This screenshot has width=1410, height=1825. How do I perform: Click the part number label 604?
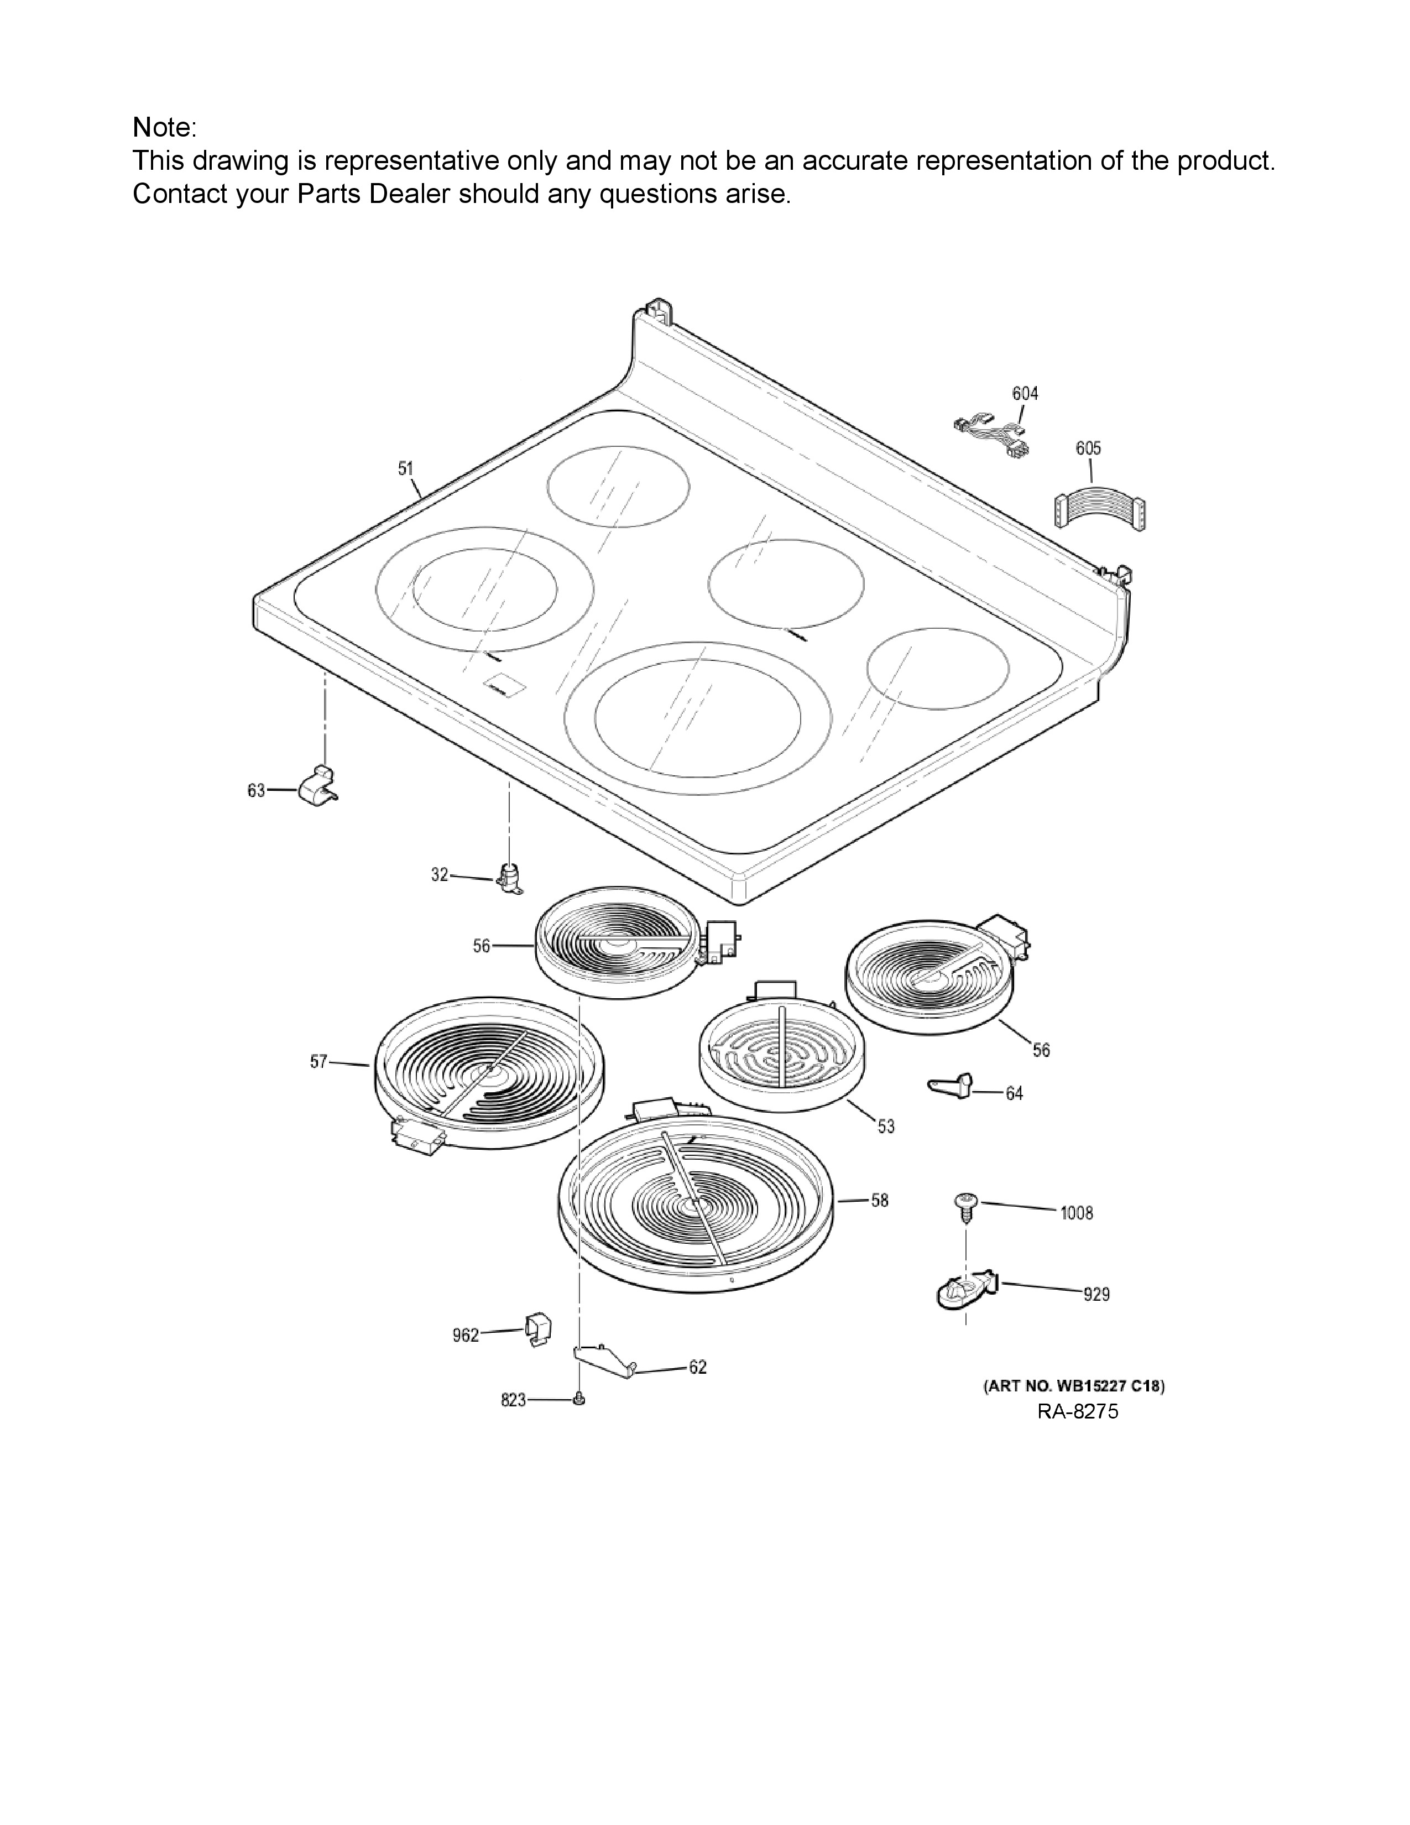1025,393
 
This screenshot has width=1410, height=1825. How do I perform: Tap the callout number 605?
1088,448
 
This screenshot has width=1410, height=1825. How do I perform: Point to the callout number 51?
406,469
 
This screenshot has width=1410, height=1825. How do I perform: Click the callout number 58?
880,1200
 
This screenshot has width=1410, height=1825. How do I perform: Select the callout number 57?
318,1062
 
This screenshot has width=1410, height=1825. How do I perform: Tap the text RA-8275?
1078,1411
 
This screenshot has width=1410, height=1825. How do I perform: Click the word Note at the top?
162,128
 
